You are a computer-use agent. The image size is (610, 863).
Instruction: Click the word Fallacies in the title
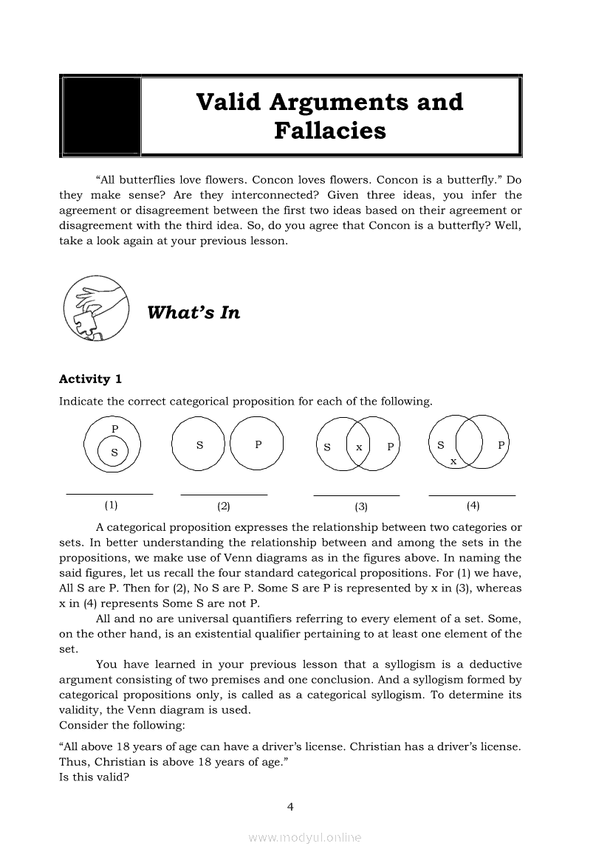click(x=329, y=131)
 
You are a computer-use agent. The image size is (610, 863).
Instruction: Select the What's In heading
click(x=193, y=312)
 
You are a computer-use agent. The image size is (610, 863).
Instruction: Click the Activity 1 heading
click(x=90, y=379)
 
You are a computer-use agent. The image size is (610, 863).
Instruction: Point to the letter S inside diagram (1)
click(x=114, y=453)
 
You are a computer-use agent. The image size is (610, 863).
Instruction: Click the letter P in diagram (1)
click(x=114, y=428)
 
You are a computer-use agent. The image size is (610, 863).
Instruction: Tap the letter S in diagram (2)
click(x=199, y=445)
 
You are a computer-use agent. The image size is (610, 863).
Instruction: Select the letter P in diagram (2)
click(x=258, y=444)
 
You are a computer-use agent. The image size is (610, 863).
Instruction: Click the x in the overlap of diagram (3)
click(x=358, y=447)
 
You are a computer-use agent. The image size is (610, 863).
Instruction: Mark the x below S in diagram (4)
click(x=453, y=461)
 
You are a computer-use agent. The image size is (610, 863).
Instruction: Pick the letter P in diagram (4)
click(x=501, y=445)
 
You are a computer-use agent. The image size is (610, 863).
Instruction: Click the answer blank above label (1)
click(x=109, y=492)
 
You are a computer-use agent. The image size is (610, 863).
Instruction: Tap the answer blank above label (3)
click(x=357, y=494)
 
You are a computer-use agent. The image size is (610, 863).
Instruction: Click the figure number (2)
click(x=224, y=506)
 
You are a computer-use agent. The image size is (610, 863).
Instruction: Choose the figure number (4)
click(x=473, y=506)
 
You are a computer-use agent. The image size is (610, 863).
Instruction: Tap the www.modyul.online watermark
click(x=305, y=837)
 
